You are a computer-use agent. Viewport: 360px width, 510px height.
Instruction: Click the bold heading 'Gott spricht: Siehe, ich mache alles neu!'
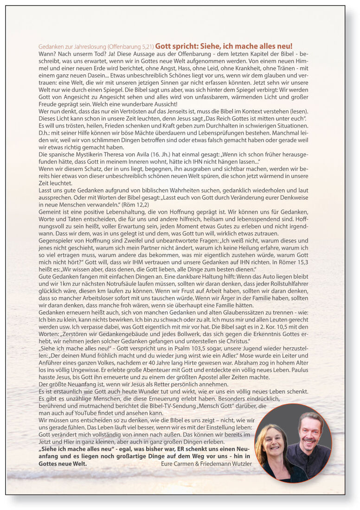tap(224, 46)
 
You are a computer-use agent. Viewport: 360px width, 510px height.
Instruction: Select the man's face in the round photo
tap(309, 431)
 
